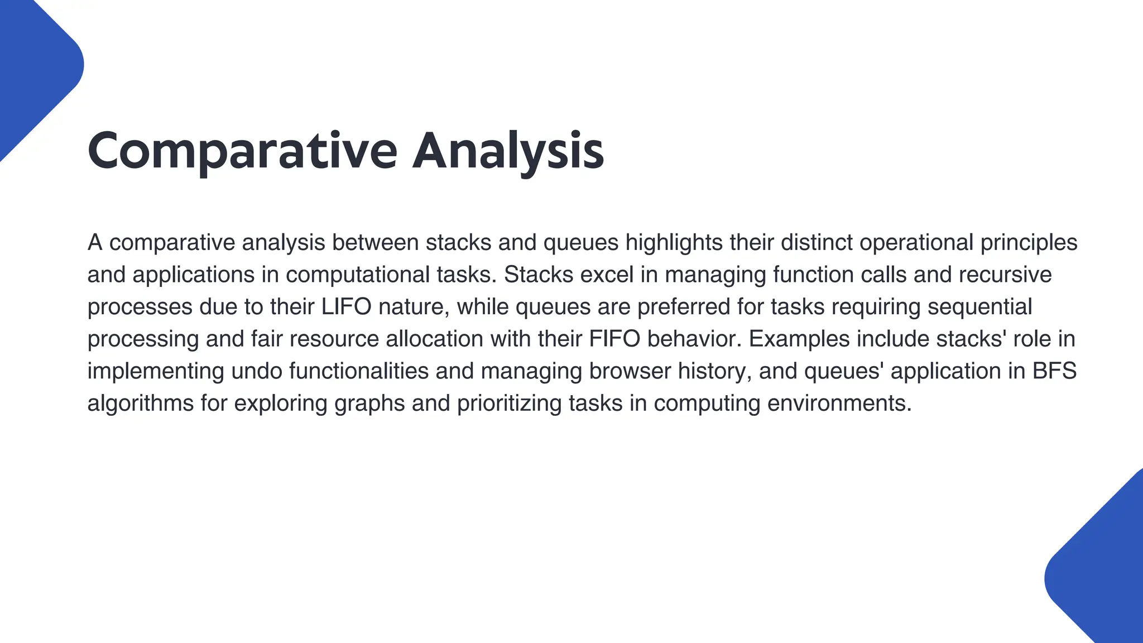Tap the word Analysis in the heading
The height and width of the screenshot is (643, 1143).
(x=508, y=151)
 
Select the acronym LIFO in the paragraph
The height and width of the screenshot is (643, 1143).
(x=347, y=307)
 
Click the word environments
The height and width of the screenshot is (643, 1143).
(x=839, y=404)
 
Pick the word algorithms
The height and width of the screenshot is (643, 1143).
(x=141, y=404)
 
